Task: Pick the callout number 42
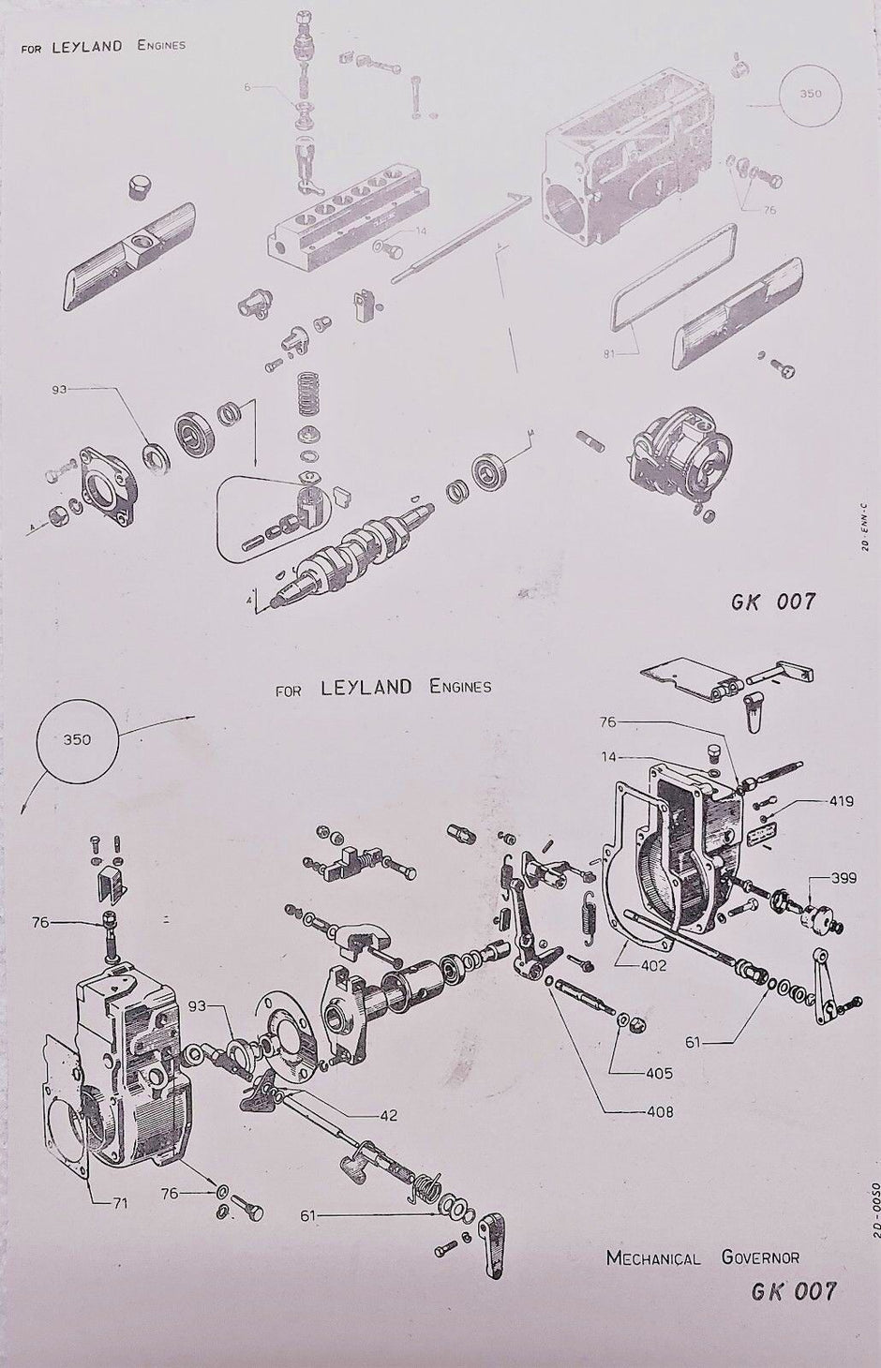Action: click(388, 1115)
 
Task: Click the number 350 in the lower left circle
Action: click(78, 738)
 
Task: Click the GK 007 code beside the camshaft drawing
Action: click(773, 601)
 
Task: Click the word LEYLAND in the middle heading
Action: click(366, 687)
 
